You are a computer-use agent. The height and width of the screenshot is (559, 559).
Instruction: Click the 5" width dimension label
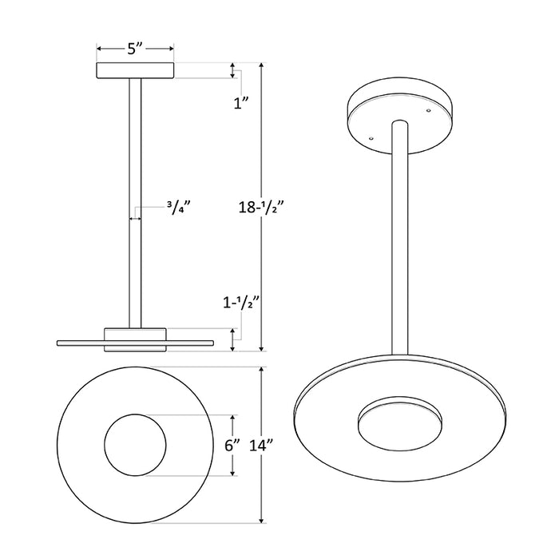click(135, 49)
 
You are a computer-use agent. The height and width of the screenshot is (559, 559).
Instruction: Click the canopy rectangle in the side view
click(135, 70)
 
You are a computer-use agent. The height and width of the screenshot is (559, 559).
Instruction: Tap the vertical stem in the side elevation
click(135, 200)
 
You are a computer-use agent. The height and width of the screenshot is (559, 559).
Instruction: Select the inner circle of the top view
click(135, 446)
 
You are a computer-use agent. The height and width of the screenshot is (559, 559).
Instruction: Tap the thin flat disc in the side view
click(80, 343)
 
